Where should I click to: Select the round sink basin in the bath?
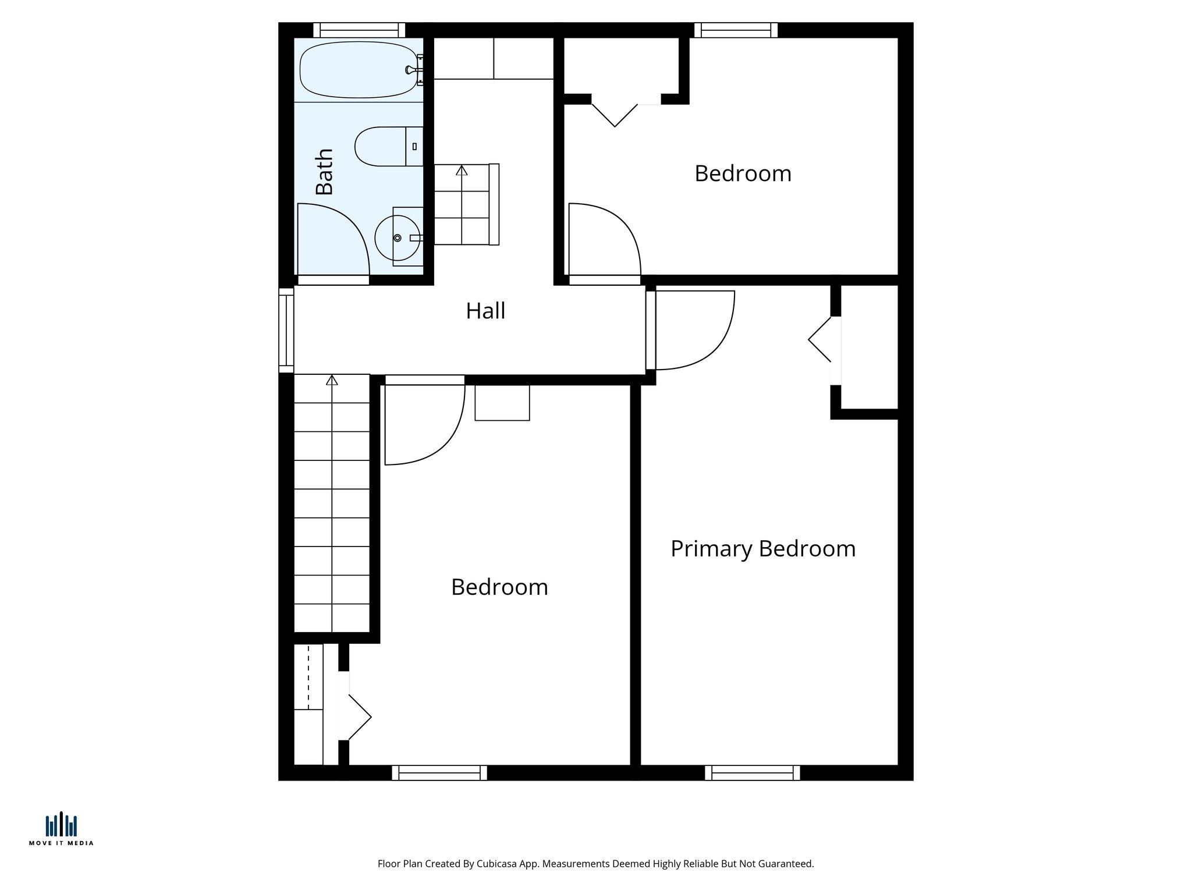click(397, 237)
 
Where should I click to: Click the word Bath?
click(324, 172)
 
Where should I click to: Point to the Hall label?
click(485, 311)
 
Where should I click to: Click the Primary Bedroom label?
click(762, 549)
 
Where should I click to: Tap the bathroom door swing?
click(338, 239)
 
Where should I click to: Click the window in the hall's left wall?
click(286, 330)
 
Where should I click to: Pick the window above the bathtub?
click(359, 30)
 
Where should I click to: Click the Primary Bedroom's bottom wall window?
click(752, 773)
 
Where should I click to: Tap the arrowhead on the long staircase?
click(332, 380)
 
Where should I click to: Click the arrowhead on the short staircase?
click(462, 170)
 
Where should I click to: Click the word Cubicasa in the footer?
click(498, 864)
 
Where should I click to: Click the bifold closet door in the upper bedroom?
click(615, 115)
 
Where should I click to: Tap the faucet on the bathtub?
click(411, 70)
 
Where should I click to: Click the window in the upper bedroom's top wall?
click(736, 30)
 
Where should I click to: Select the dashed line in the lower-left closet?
click(308, 676)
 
